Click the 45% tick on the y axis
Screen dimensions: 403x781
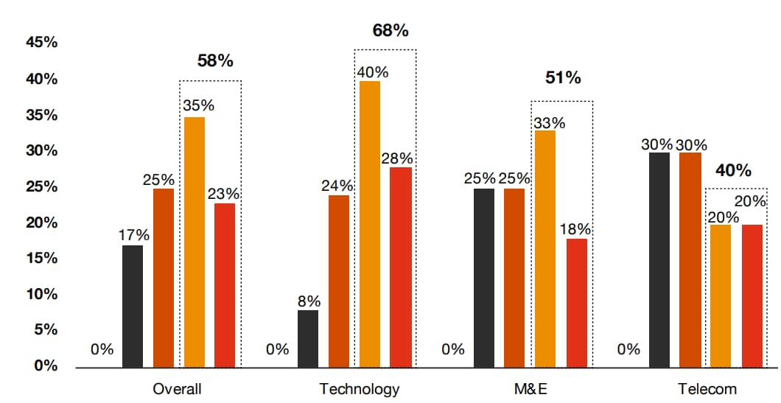[x=42, y=43]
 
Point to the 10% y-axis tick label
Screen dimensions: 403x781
[x=42, y=294]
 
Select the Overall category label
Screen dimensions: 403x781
[x=177, y=389]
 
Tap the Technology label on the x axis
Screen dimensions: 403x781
[x=359, y=389]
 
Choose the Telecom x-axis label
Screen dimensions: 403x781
[x=707, y=389]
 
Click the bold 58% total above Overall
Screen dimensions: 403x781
[x=215, y=61]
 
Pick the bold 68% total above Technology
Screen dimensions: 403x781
[x=390, y=31]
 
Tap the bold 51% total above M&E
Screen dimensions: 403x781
[x=563, y=78]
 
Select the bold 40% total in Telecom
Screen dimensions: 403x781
[x=734, y=171]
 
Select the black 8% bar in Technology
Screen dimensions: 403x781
[x=308, y=338]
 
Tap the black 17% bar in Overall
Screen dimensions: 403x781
[x=133, y=306]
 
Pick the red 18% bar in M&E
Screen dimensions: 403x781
[x=577, y=302]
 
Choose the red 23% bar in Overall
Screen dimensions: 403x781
[x=225, y=284]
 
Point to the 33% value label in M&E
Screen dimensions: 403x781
[x=549, y=122]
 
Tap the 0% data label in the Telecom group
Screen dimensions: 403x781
[x=628, y=349]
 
